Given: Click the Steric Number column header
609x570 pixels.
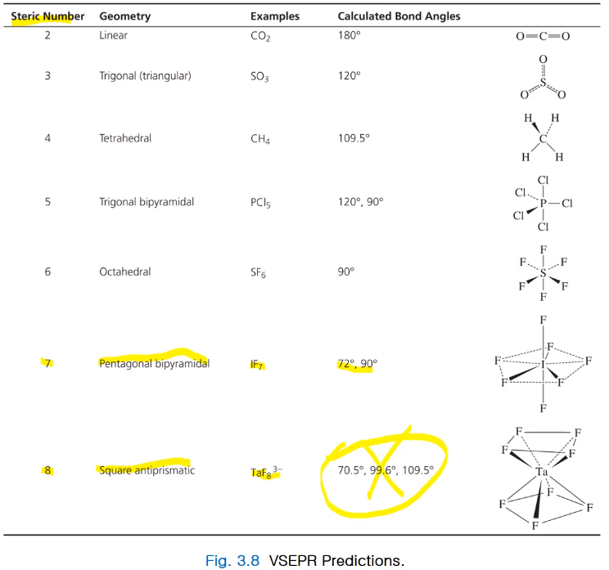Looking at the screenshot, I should point(47,16).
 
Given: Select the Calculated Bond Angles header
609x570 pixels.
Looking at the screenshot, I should point(399,16).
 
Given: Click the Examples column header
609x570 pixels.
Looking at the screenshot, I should point(275,16).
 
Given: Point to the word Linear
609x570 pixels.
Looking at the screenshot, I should point(113,36).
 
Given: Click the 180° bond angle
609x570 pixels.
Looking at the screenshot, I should point(349,36).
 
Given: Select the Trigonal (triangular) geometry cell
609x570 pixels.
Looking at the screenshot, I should point(145,76).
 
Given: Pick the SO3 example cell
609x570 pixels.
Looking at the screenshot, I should point(260,77).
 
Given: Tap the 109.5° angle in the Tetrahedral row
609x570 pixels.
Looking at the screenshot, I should point(354,138).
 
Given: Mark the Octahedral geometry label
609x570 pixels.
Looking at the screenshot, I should point(124,272).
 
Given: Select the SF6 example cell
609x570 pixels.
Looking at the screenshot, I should point(259,272).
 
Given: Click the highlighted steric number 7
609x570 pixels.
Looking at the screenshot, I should point(47,363).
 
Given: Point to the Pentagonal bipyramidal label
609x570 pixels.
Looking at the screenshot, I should point(154,363).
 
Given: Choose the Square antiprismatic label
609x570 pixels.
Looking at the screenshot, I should point(147,470).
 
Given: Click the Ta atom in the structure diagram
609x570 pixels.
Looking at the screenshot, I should point(541,472).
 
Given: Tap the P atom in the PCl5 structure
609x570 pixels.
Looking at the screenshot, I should point(543,203).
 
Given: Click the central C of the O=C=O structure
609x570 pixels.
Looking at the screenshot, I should point(543,36).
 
